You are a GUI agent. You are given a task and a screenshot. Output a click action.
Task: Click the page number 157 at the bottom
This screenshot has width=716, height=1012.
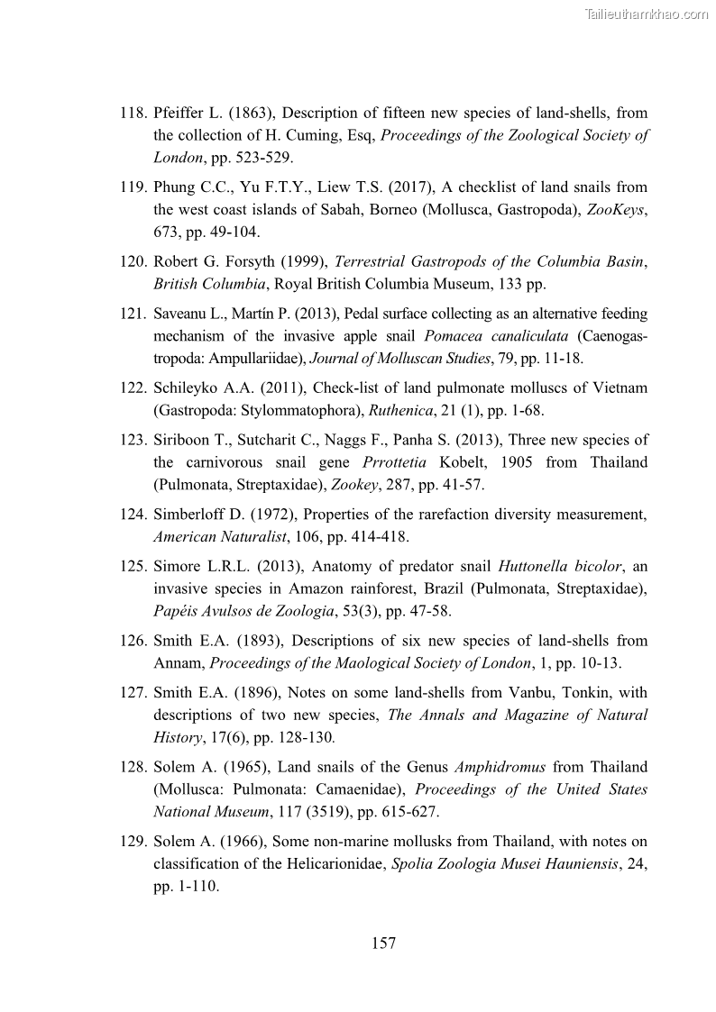click(x=383, y=944)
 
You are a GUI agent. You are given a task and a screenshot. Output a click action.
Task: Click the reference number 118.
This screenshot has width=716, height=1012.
click(x=133, y=114)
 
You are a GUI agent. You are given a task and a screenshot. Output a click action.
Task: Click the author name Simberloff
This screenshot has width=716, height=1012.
click(x=192, y=515)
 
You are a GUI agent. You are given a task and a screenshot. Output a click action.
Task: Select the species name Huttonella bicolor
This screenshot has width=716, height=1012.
click(x=559, y=567)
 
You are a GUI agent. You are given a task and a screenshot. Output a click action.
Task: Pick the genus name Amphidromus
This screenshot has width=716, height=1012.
click(x=500, y=767)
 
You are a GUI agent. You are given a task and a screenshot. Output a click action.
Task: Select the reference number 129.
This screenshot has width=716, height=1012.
click(x=133, y=842)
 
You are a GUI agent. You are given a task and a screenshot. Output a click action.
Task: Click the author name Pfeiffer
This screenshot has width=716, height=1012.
click(x=179, y=114)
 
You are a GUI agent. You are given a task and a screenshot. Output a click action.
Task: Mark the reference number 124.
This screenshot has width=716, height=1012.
click(x=133, y=515)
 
